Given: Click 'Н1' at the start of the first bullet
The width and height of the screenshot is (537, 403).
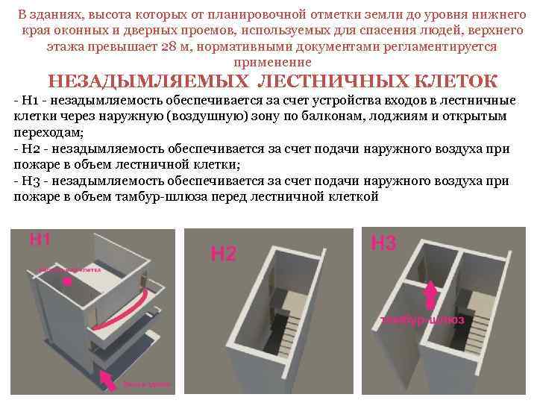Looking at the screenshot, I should [29, 102].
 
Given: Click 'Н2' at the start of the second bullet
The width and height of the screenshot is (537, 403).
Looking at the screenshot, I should [30, 150].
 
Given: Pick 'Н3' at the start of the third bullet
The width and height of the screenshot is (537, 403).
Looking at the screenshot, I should [30, 181].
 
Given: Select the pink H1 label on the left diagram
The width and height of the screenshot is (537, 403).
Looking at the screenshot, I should [40, 239].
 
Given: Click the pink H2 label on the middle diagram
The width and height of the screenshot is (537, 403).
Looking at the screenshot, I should [223, 254].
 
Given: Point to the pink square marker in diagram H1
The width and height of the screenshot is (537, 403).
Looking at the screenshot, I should [67, 282].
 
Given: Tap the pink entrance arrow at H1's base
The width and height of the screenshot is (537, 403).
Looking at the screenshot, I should [107, 380].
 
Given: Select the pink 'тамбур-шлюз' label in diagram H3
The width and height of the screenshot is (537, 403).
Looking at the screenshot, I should [422, 319].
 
